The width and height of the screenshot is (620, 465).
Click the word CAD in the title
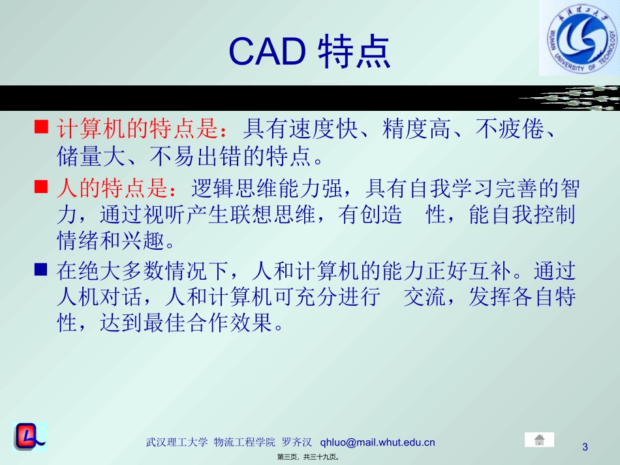[268, 52]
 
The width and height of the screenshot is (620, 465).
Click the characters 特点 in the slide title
[354, 52]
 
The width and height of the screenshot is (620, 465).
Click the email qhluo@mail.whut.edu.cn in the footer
[378, 442]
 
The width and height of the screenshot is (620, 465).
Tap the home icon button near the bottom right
[539, 440]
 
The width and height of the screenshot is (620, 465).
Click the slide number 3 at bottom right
[585, 447]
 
